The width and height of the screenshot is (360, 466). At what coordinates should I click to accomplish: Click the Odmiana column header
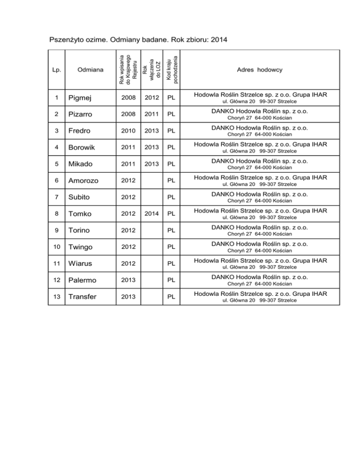tap(91, 70)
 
